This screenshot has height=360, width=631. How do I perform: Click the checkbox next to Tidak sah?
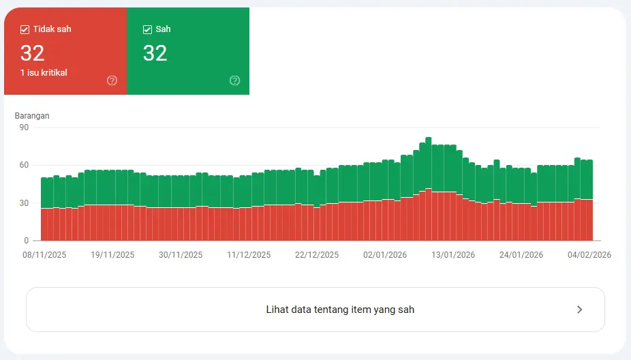click(x=25, y=29)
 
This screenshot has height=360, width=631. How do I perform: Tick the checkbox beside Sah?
click(x=147, y=29)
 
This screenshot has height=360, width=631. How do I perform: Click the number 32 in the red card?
click(x=33, y=52)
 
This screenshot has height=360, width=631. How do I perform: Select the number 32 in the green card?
click(x=155, y=52)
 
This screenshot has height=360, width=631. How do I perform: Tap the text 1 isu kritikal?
click(x=44, y=72)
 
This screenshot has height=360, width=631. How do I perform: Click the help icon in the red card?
click(x=112, y=80)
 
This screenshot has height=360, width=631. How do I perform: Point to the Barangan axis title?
click(x=32, y=116)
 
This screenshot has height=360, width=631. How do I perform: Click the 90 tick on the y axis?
click(x=24, y=127)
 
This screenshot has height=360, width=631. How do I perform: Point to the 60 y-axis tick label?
click(x=24, y=165)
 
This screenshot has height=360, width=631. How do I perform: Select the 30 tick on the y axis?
click(x=24, y=203)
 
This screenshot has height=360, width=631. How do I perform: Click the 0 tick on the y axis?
click(x=26, y=241)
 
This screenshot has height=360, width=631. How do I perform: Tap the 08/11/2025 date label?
click(x=44, y=255)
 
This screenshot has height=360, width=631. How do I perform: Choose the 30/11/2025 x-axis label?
click(x=181, y=255)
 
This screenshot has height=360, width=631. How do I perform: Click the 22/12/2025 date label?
click(x=317, y=255)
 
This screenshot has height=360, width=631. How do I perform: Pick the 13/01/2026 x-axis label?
click(x=453, y=255)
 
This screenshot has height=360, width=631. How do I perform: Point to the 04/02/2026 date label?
click(x=589, y=255)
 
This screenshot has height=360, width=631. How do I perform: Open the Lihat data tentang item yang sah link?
click(x=340, y=310)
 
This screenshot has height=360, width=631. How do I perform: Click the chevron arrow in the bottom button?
click(x=579, y=310)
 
